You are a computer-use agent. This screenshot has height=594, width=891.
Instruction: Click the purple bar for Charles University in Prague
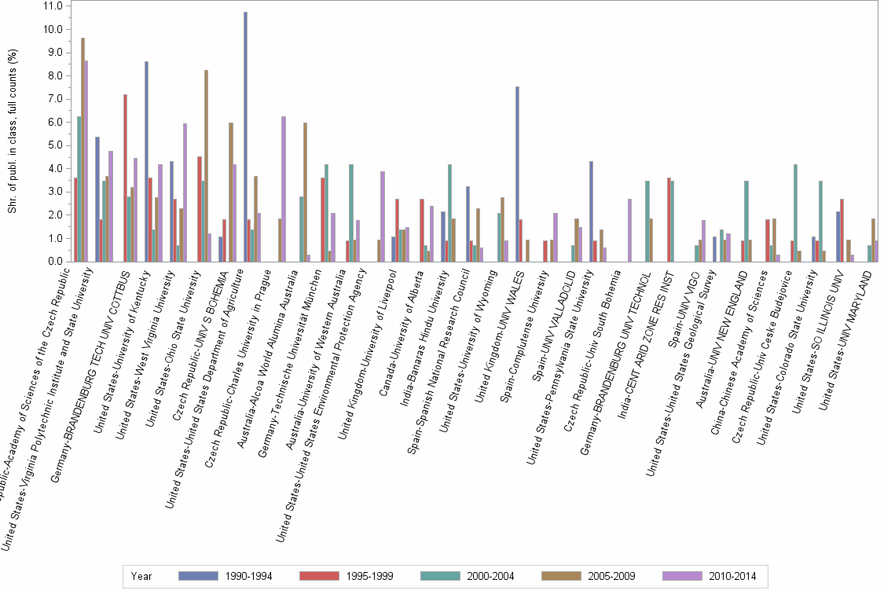[284, 189]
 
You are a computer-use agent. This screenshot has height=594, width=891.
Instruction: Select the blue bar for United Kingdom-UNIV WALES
[517, 174]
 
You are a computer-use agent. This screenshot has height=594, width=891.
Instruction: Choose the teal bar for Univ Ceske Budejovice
[796, 213]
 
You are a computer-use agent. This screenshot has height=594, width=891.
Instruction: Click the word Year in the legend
[142, 577]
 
